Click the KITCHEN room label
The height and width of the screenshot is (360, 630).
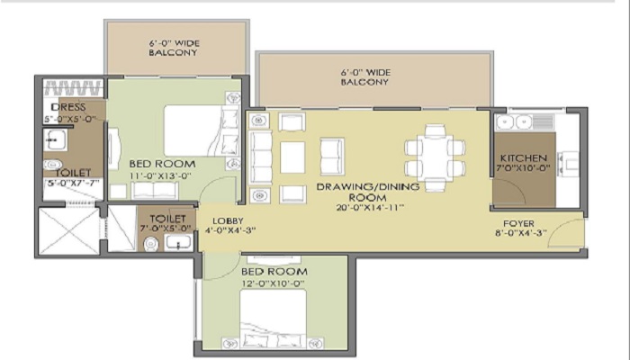point(523,157)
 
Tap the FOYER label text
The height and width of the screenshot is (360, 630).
point(518,223)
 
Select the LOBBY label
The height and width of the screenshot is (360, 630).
point(228,221)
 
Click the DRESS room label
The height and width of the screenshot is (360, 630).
point(68,107)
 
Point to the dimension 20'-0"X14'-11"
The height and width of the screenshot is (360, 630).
point(370,208)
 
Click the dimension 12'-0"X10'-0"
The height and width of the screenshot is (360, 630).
point(273,283)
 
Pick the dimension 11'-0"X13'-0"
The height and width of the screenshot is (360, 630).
point(160,175)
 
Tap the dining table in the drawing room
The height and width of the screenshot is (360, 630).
point(435,157)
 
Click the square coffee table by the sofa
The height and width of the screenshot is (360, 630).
point(292,157)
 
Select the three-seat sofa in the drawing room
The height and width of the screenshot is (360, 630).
point(260,157)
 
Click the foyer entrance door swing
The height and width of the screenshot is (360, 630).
point(566,233)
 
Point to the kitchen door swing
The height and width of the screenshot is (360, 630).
point(509,192)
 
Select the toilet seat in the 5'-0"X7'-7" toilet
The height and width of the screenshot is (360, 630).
point(52,165)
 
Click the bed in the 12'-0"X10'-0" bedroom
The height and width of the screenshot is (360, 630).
point(274,319)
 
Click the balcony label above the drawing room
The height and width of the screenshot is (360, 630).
point(365,77)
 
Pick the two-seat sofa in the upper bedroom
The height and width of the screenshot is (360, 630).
point(155,190)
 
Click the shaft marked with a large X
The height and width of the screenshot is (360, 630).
point(69,230)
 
